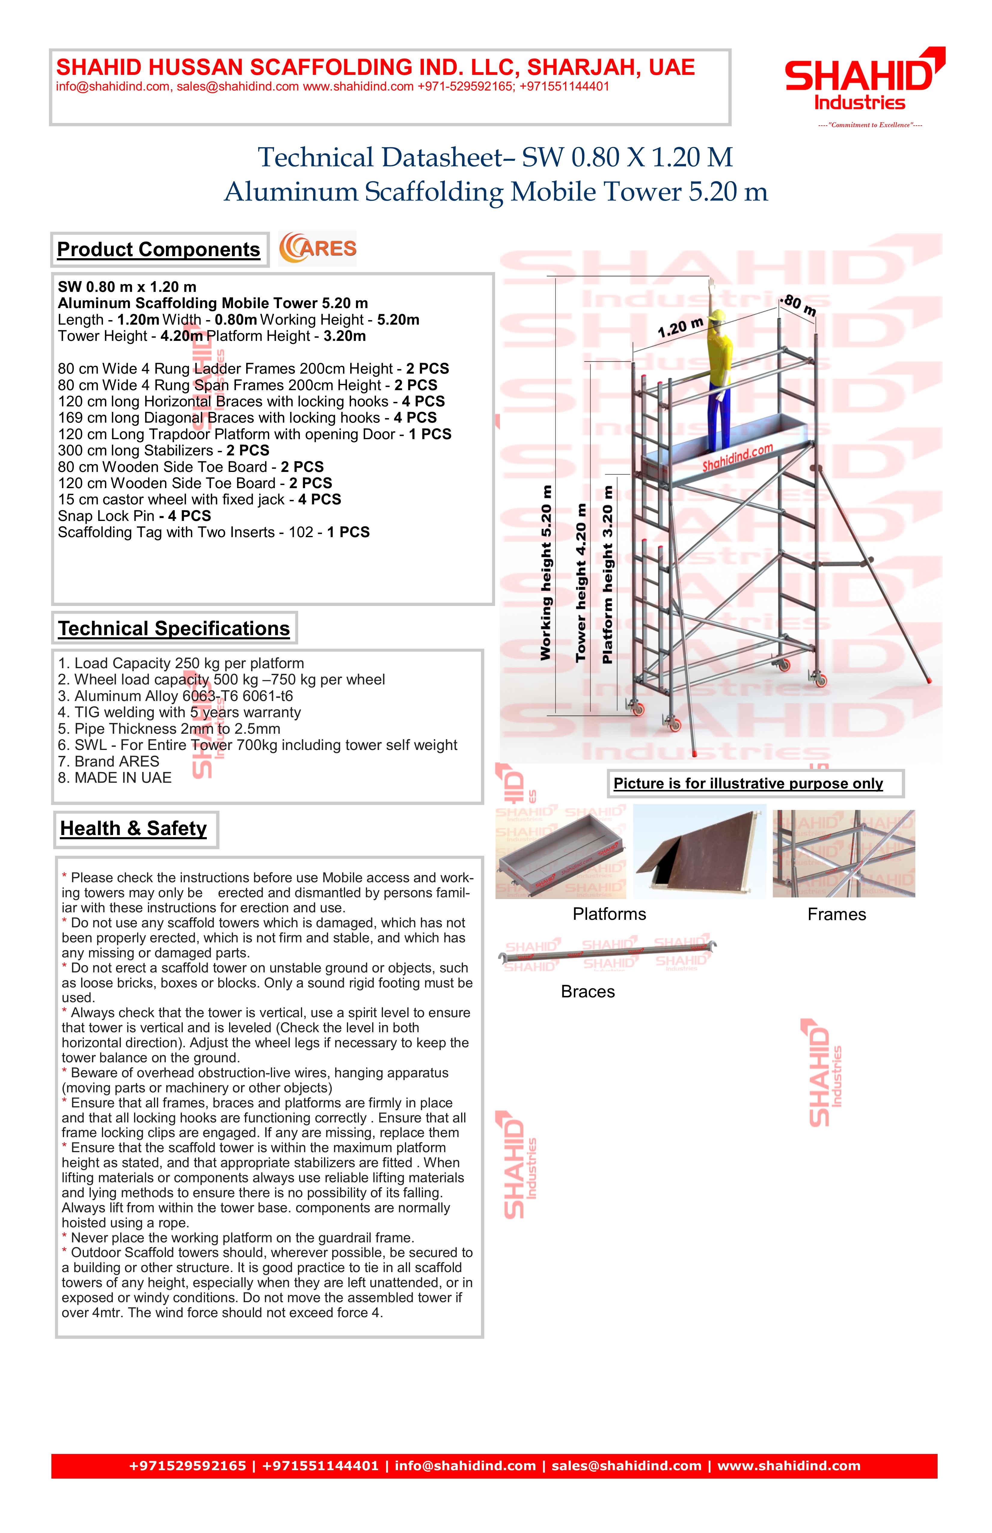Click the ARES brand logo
click(x=317, y=249)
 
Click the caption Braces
click(x=587, y=992)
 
